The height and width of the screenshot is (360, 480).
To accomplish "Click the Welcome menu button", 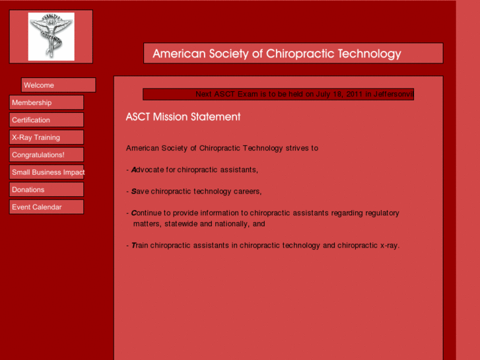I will [58, 85].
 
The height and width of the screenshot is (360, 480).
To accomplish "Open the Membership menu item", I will [46, 102].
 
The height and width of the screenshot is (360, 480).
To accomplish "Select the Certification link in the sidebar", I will [46, 120].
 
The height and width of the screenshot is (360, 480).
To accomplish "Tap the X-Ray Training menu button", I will [46, 137].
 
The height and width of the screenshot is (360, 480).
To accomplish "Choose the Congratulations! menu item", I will [46, 155].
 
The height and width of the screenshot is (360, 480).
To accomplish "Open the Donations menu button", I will [46, 190].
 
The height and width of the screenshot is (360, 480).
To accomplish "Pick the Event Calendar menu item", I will [46, 207].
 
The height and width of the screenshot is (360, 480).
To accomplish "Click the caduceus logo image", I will [51, 36].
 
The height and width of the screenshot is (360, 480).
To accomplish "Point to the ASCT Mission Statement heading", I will [183, 117].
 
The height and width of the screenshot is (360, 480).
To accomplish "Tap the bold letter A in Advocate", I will [134, 170].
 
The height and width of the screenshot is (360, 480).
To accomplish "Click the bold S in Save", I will [134, 192].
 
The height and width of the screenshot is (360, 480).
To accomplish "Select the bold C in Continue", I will [134, 213].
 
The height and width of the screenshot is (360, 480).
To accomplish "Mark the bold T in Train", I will [134, 246].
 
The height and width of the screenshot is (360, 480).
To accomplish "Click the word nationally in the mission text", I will [230, 224].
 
